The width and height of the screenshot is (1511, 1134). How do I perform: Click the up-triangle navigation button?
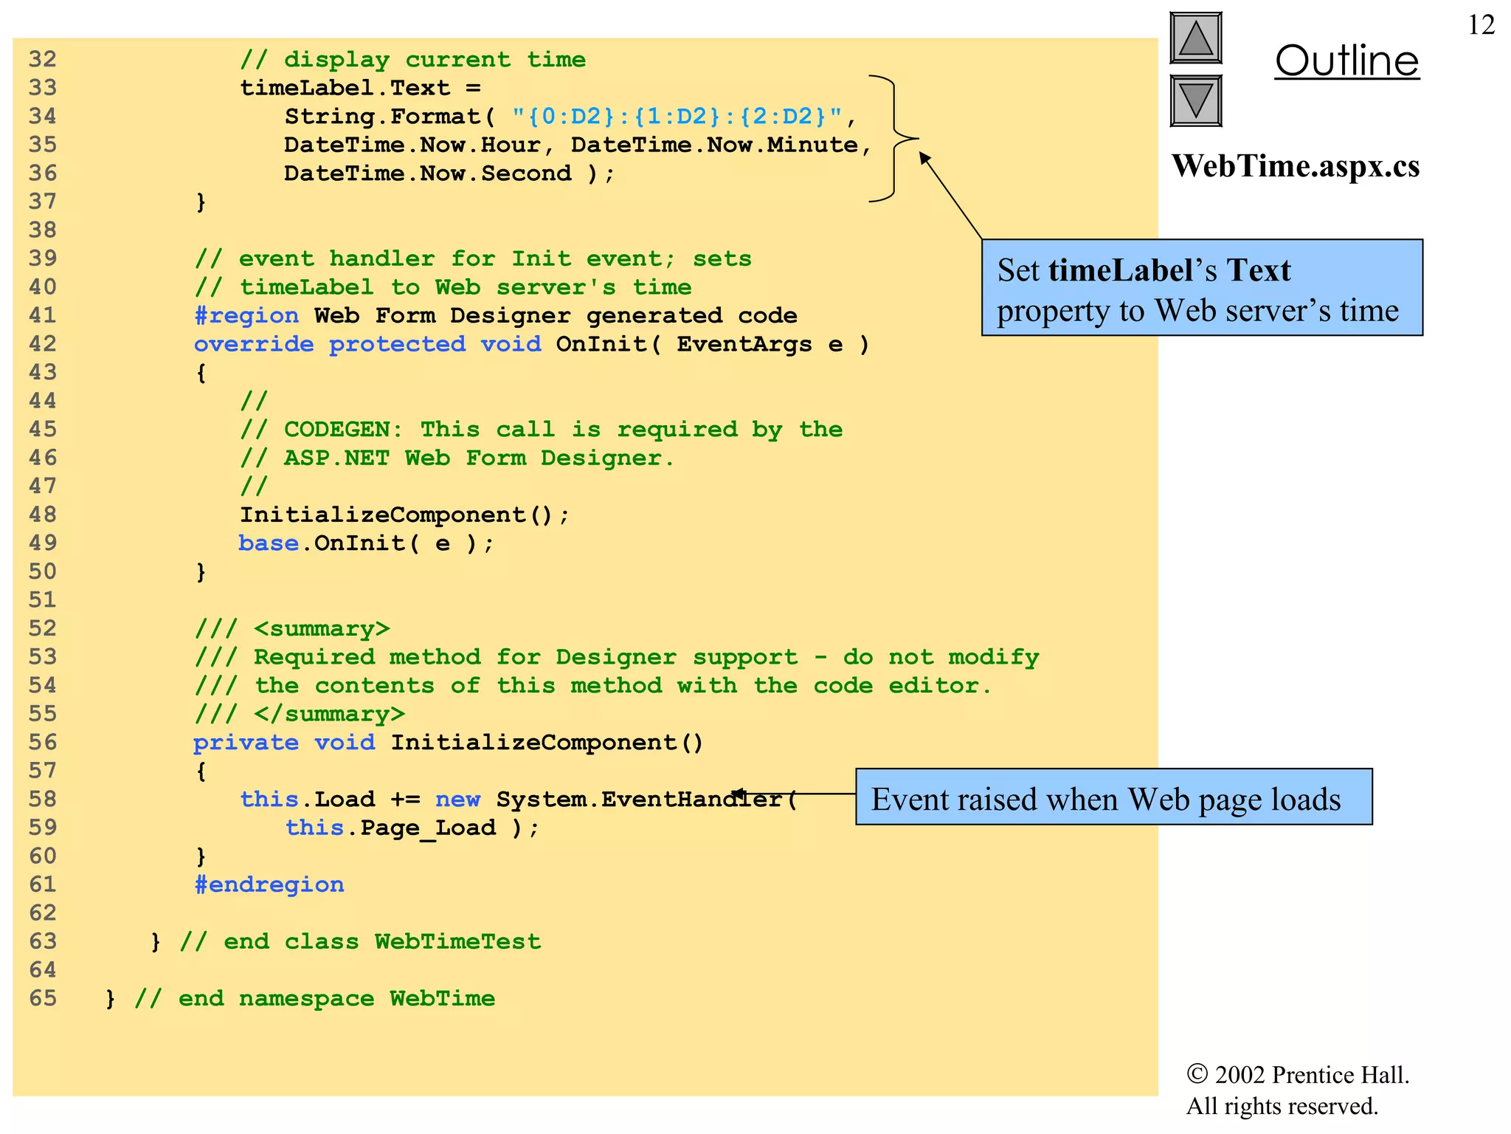pyautogui.click(x=1195, y=38)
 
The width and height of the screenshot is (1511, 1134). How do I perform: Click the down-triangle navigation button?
pyautogui.click(x=1195, y=100)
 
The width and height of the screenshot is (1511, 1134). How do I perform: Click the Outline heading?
pyautogui.click(x=1346, y=61)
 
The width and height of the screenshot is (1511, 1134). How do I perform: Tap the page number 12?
pyautogui.click(x=1481, y=25)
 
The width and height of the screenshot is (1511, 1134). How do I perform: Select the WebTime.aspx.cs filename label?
pyautogui.click(x=1295, y=166)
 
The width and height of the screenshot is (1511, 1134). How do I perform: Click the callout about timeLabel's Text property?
pyautogui.click(x=1201, y=288)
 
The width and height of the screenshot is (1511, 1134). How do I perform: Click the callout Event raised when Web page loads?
pyautogui.click(x=1113, y=797)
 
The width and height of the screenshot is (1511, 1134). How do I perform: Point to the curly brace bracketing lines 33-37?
pyautogui.click(x=894, y=138)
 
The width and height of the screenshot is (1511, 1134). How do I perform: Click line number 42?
pyautogui.click(x=43, y=344)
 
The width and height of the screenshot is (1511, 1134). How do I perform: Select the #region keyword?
pyautogui.click(x=246, y=316)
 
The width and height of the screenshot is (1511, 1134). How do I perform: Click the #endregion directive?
pyautogui.click(x=269, y=884)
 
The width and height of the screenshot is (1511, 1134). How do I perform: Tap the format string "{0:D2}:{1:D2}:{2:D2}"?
pyautogui.click(x=677, y=117)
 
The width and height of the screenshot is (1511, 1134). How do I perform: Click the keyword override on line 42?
pyautogui.click(x=254, y=344)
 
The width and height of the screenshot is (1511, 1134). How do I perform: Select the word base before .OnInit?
pyautogui.click(x=269, y=543)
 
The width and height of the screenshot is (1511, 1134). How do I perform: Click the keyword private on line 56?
pyautogui.click(x=246, y=743)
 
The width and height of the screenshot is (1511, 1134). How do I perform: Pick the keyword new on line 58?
pyautogui.click(x=457, y=800)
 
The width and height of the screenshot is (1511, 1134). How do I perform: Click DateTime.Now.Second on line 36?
pyautogui.click(x=427, y=173)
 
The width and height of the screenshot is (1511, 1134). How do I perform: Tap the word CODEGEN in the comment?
pyautogui.click(x=344, y=430)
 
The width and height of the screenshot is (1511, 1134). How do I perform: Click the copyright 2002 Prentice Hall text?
pyautogui.click(x=1297, y=1075)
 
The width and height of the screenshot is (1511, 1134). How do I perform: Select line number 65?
pyautogui.click(x=43, y=998)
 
